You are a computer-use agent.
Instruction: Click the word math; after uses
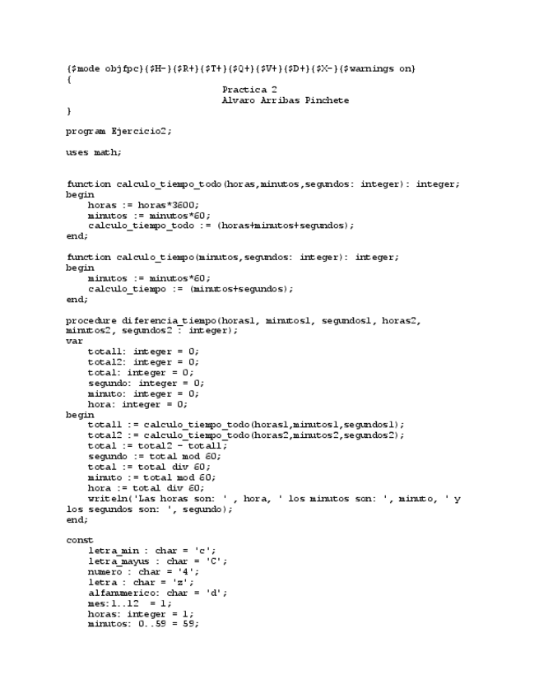click(x=107, y=152)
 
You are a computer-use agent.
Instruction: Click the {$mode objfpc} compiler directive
click(x=105, y=68)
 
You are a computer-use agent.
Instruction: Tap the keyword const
click(x=80, y=540)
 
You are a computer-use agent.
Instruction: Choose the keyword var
click(x=74, y=341)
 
